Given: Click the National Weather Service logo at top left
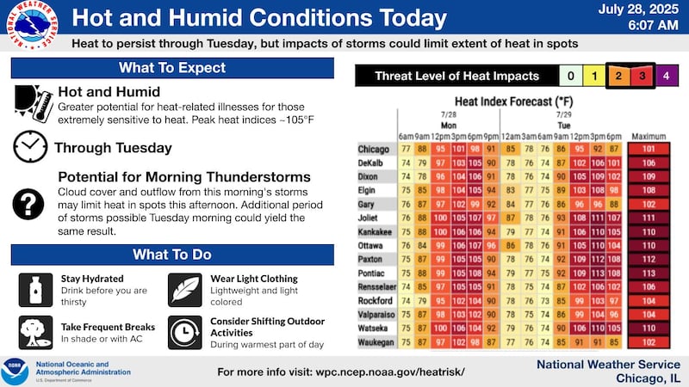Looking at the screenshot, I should coord(32,25).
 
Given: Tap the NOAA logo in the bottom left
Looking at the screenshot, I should coord(16,371).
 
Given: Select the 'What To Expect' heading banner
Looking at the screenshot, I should coord(172,68).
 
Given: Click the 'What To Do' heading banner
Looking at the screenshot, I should coord(172,255).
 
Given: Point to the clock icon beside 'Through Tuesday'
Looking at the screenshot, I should coord(31,147).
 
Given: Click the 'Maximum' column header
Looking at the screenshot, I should coord(649,137).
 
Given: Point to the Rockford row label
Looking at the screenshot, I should coord(375,301).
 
